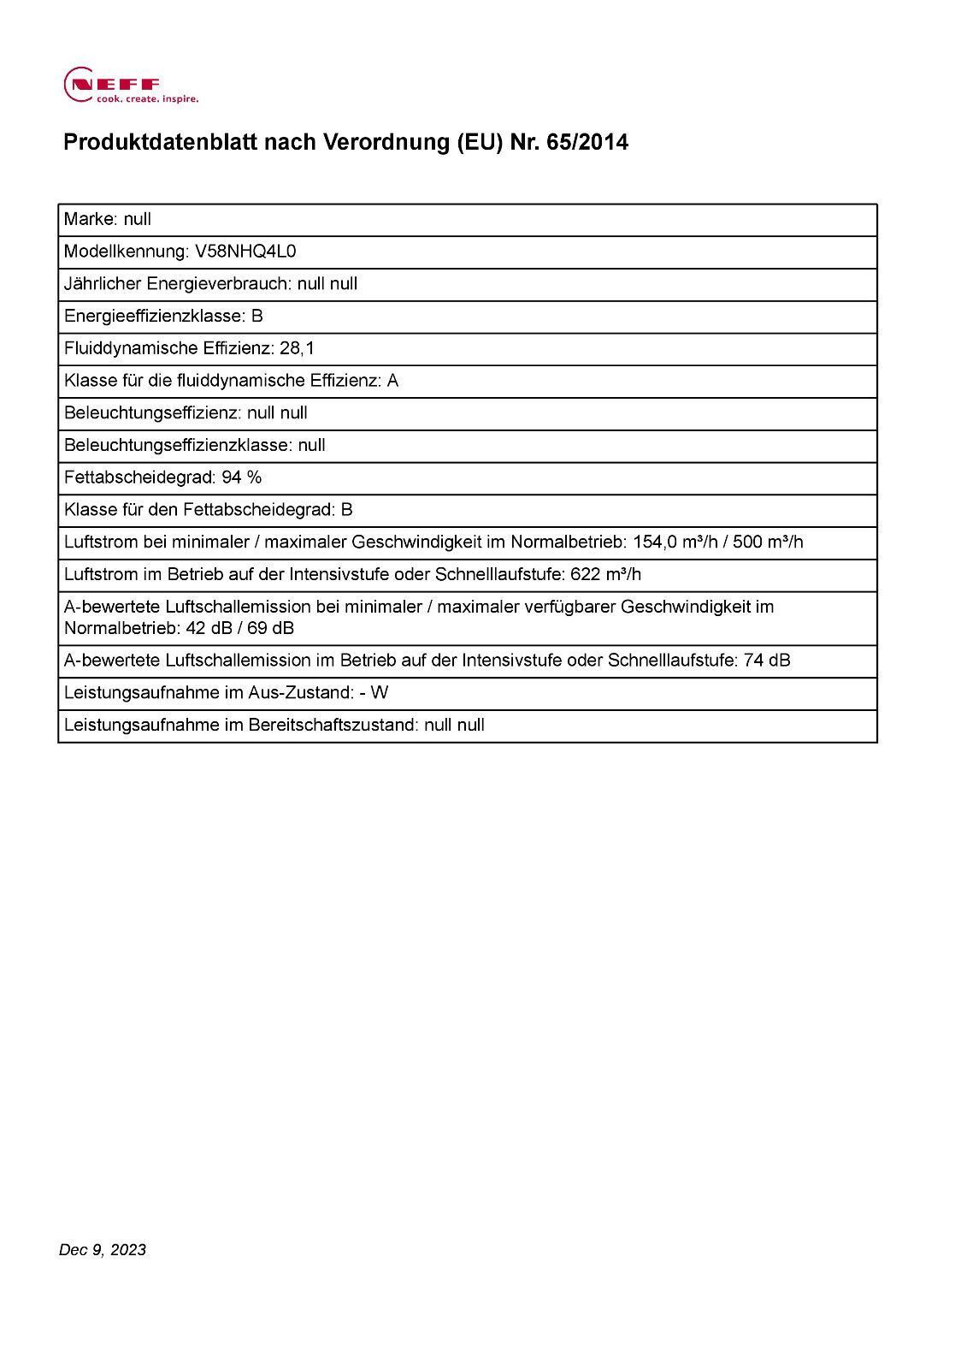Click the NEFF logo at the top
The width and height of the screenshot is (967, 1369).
[112, 83]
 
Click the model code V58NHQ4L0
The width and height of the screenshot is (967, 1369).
[246, 252]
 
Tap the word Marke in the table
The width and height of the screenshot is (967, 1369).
[89, 219]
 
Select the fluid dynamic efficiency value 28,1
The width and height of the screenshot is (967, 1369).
[297, 348]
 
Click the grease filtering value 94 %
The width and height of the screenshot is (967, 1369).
[241, 477]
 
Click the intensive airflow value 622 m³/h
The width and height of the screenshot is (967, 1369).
[605, 574]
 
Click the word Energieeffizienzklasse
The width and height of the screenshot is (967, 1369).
[152, 317]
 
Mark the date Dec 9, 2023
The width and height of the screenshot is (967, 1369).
[103, 1250]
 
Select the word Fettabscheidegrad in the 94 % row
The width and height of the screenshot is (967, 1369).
[138, 477]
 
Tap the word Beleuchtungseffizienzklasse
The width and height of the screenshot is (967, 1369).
[177, 445]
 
